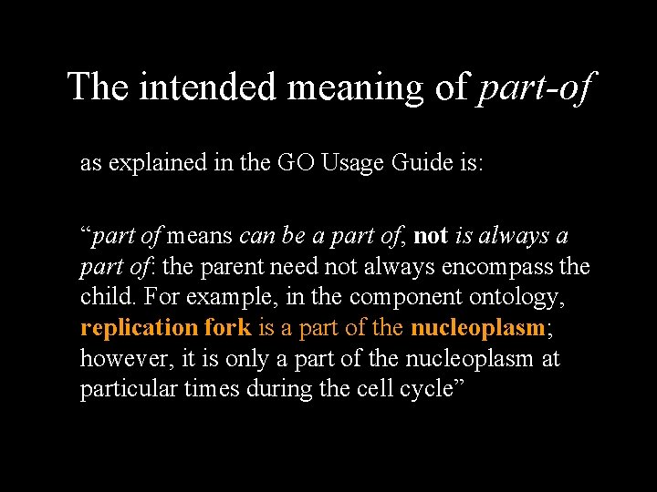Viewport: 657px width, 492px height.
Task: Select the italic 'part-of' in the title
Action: coord(536,87)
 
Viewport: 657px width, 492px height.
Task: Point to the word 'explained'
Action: coord(155,164)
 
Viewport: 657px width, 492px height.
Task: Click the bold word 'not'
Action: coord(431,237)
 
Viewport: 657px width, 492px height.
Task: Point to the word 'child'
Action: coord(107,298)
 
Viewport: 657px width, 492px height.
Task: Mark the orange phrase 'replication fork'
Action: coord(165,328)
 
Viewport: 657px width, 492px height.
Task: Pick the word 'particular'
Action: coord(129,389)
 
